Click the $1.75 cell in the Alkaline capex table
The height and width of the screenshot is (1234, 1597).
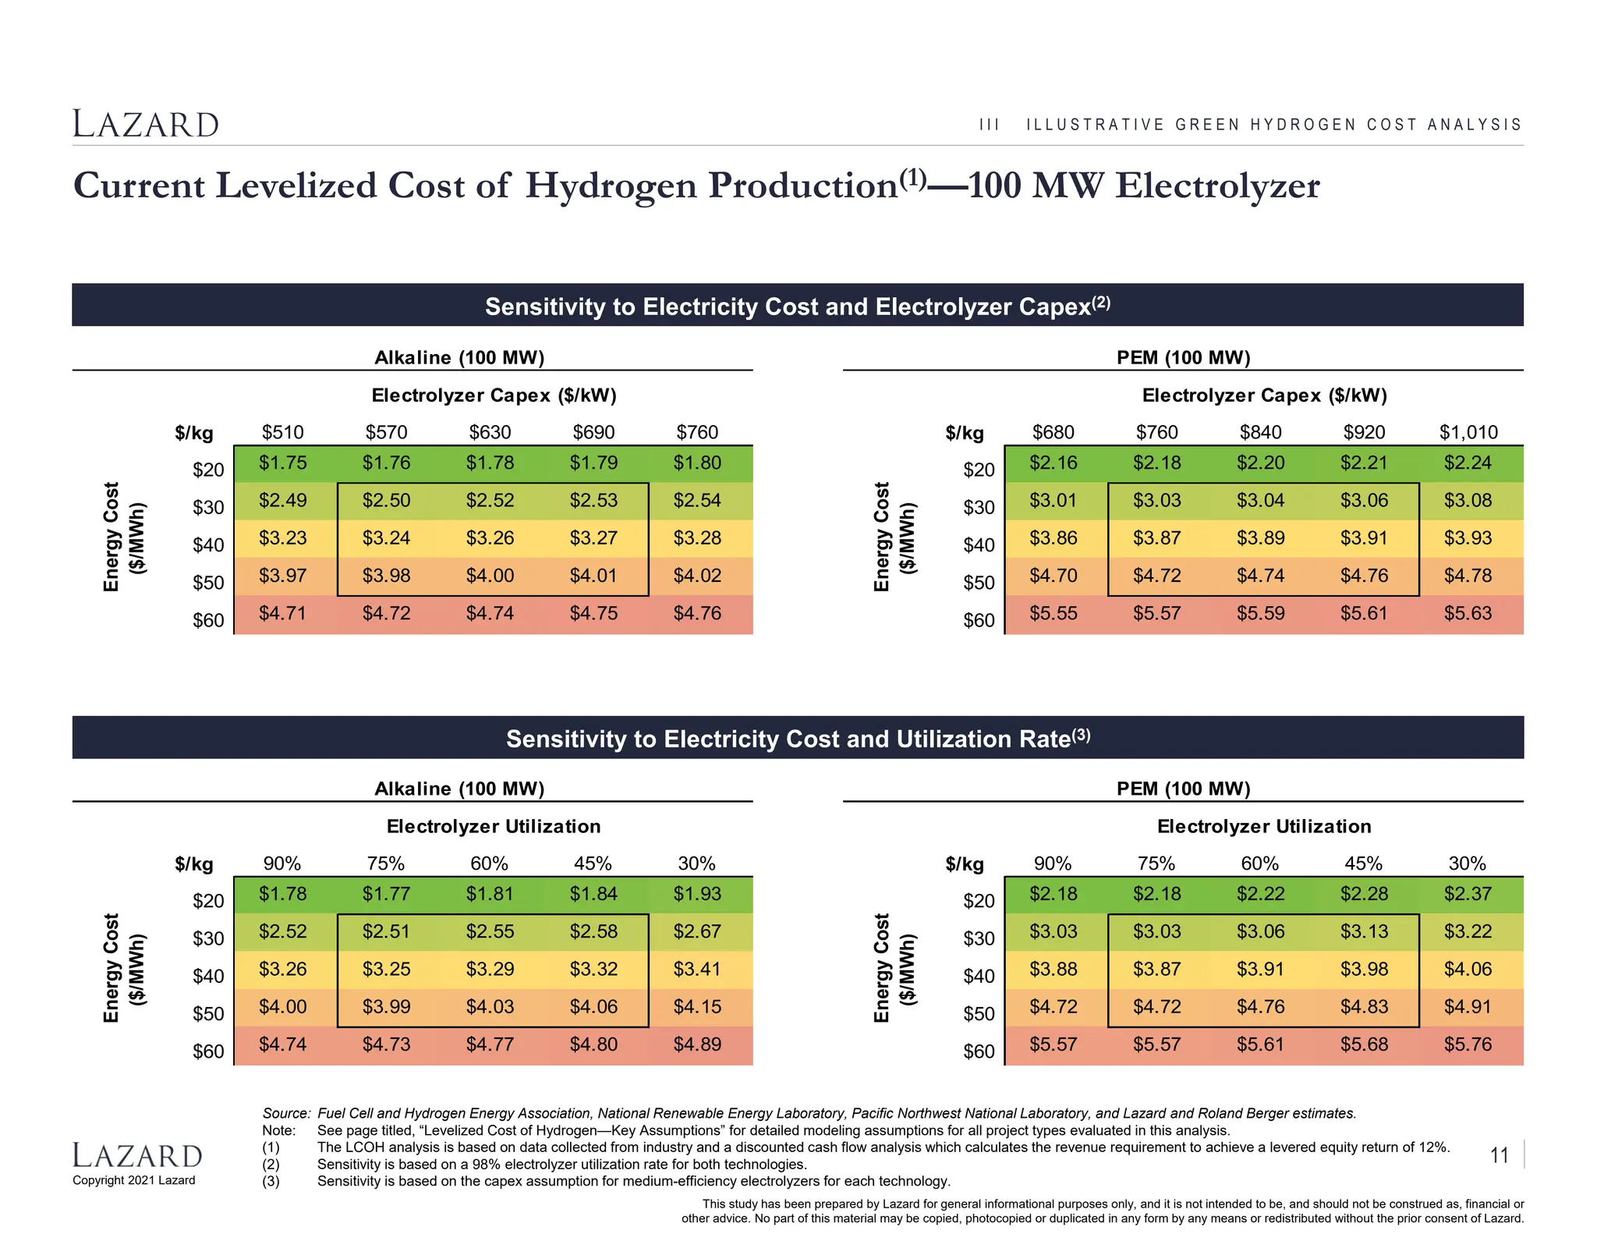(x=282, y=463)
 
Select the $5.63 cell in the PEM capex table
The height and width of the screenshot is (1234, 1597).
(x=1468, y=614)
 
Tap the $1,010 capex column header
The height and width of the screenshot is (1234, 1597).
(x=1468, y=432)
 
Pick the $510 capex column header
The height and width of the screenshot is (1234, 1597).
(x=282, y=432)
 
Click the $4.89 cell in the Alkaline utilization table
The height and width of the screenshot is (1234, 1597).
(x=697, y=1044)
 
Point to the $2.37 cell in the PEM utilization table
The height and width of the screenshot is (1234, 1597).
(x=1468, y=894)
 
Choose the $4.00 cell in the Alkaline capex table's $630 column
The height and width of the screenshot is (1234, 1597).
(x=490, y=576)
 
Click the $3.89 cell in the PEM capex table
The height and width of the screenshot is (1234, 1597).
(x=1260, y=538)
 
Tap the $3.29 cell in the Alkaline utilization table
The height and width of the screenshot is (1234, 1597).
(x=490, y=970)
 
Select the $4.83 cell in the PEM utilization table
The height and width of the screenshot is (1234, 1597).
(x=1364, y=1007)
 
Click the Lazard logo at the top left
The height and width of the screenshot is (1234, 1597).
(x=146, y=125)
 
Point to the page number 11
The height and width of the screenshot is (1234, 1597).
(x=1499, y=1155)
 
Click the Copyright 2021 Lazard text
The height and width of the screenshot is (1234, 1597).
(x=134, y=1180)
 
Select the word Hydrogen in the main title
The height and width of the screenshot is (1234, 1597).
(x=611, y=186)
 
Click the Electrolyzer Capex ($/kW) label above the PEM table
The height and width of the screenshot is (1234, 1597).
(x=1264, y=395)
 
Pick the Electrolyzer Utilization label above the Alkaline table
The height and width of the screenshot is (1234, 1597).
(x=494, y=827)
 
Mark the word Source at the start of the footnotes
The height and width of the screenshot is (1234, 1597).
(x=285, y=1113)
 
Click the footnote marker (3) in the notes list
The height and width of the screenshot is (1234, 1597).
(x=271, y=1181)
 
